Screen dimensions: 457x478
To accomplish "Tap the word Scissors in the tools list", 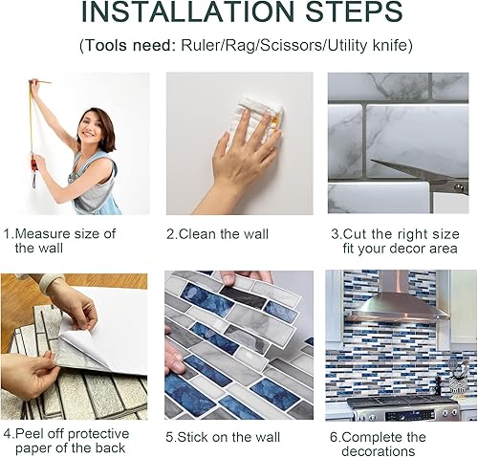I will click(290, 46).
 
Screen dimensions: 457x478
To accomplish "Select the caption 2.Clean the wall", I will click(217, 233).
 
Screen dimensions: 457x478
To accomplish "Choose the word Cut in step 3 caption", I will click(356, 233).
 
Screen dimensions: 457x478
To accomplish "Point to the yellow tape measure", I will click(32, 134).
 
